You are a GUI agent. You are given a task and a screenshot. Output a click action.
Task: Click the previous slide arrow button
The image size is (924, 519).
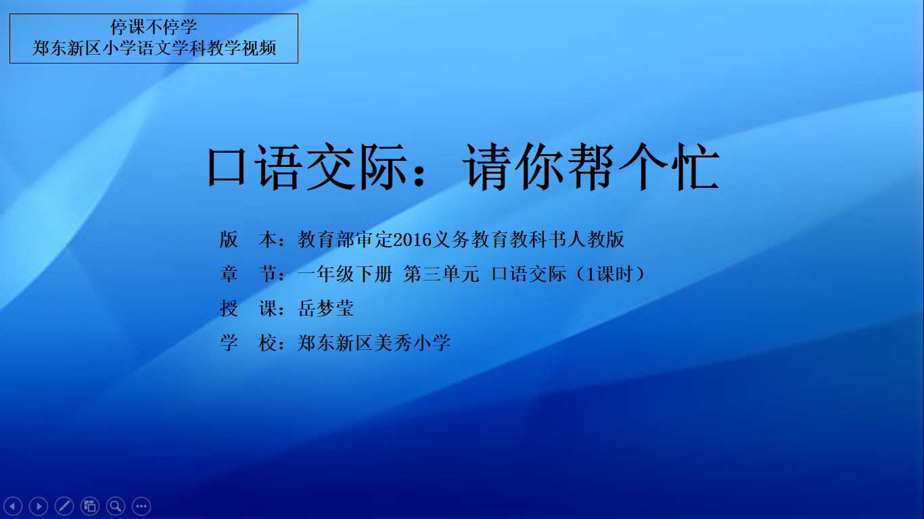13,505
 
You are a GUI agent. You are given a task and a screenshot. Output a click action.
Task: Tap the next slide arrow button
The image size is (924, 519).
39,505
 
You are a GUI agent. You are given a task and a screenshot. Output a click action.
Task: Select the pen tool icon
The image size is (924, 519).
64,505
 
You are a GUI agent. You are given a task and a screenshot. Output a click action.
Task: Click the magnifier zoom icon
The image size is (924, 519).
116,505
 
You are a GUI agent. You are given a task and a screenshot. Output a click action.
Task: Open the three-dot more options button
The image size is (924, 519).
141,505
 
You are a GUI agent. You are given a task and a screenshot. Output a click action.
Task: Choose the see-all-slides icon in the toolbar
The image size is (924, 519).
90,505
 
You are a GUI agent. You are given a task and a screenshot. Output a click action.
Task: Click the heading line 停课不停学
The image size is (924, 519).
154,27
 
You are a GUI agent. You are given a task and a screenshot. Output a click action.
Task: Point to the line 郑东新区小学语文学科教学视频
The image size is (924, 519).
154,48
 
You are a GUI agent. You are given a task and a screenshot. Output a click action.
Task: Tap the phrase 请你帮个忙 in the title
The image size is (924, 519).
591,168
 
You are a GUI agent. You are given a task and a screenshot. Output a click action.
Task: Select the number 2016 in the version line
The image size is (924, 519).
412,240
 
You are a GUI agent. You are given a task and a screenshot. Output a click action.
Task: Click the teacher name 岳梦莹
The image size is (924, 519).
325,308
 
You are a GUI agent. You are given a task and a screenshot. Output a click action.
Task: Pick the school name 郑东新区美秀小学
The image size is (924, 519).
373,343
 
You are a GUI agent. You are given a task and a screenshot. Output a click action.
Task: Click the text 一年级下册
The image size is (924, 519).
344,274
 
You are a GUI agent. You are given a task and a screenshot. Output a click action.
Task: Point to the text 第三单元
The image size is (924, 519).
441,274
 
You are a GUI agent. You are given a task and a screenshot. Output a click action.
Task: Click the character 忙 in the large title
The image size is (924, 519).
695,168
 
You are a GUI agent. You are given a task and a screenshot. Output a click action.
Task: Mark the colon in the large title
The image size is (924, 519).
419,173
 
